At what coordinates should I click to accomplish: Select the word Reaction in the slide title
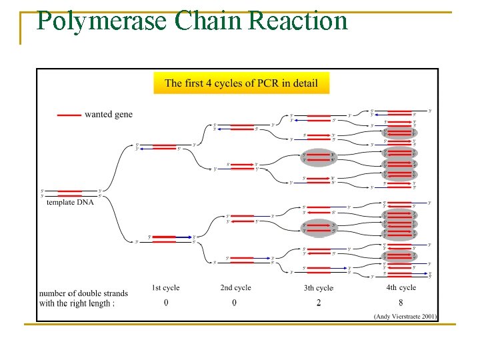pos(297,21)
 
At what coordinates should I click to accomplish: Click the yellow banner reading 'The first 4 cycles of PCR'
pos(241,83)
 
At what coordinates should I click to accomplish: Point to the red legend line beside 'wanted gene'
pos(69,115)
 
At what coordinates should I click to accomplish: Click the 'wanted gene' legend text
pos(109,115)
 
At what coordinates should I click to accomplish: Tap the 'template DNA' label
pos(70,202)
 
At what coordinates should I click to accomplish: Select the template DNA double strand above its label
pos(70,193)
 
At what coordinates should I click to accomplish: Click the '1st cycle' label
pos(165,288)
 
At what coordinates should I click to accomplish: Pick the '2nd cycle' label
pos(235,288)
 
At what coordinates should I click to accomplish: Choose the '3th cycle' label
pos(318,288)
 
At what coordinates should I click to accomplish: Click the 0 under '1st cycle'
pos(165,303)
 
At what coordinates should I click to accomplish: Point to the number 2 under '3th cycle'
pos(319,303)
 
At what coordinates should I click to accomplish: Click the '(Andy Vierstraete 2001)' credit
pos(405,316)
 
